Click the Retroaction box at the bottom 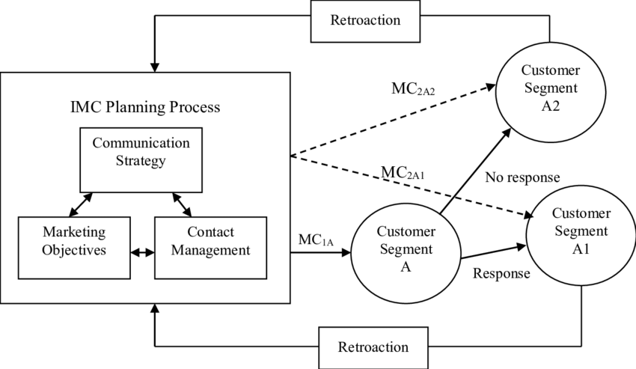tap(373, 347)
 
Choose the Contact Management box tap(210, 240)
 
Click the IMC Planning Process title tap(145, 107)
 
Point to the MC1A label tap(315, 240)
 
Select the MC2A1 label tap(405, 173)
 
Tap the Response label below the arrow tap(501, 273)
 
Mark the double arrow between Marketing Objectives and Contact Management tap(142, 253)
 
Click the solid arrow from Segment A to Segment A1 tap(493, 251)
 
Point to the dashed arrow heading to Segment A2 tap(393, 120)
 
